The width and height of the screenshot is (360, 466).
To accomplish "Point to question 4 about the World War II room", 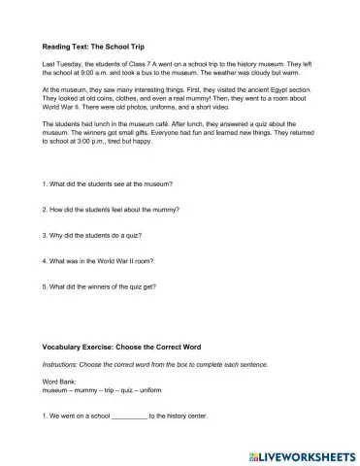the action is pos(100,260).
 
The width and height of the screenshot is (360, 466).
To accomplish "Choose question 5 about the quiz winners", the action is pos(105,286).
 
